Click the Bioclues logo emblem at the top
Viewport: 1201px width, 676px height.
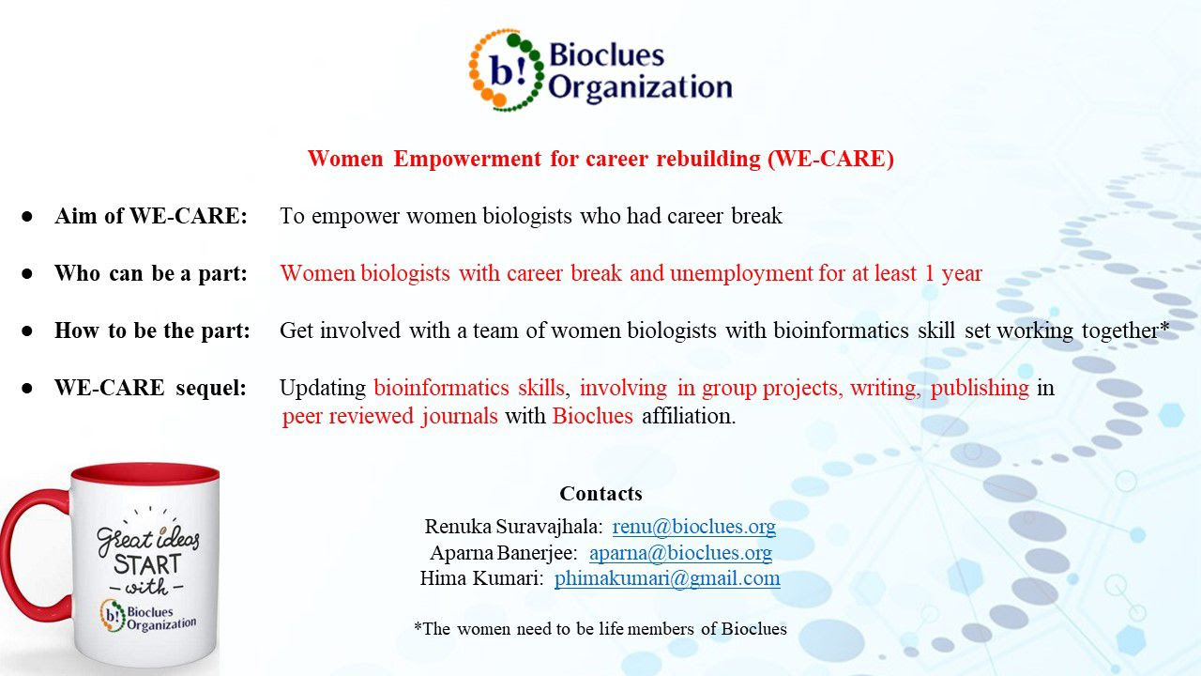click(507, 70)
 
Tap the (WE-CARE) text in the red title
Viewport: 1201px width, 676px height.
click(830, 159)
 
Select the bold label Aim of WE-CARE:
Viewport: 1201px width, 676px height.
click(151, 216)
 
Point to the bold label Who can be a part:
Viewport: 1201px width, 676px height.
click(151, 273)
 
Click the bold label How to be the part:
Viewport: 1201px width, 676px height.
click(152, 330)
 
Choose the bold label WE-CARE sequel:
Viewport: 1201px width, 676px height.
click(151, 388)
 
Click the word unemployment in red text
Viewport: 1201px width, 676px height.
click(741, 273)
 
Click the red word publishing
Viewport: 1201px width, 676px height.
click(980, 388)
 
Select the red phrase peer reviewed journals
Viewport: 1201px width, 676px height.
click(389, 416)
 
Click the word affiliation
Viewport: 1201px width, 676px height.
click(689, 416)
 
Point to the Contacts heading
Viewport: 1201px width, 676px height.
click(600, 494)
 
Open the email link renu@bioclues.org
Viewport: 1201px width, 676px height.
click(693, 527)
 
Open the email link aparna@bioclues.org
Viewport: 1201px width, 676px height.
click(680, 553)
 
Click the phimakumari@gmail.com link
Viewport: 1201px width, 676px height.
click(667, 578)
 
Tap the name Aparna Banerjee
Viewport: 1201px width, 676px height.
click(504, 553)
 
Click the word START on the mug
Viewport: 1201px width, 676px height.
click(147, 565)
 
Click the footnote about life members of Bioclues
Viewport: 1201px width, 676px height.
click(600, 628)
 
